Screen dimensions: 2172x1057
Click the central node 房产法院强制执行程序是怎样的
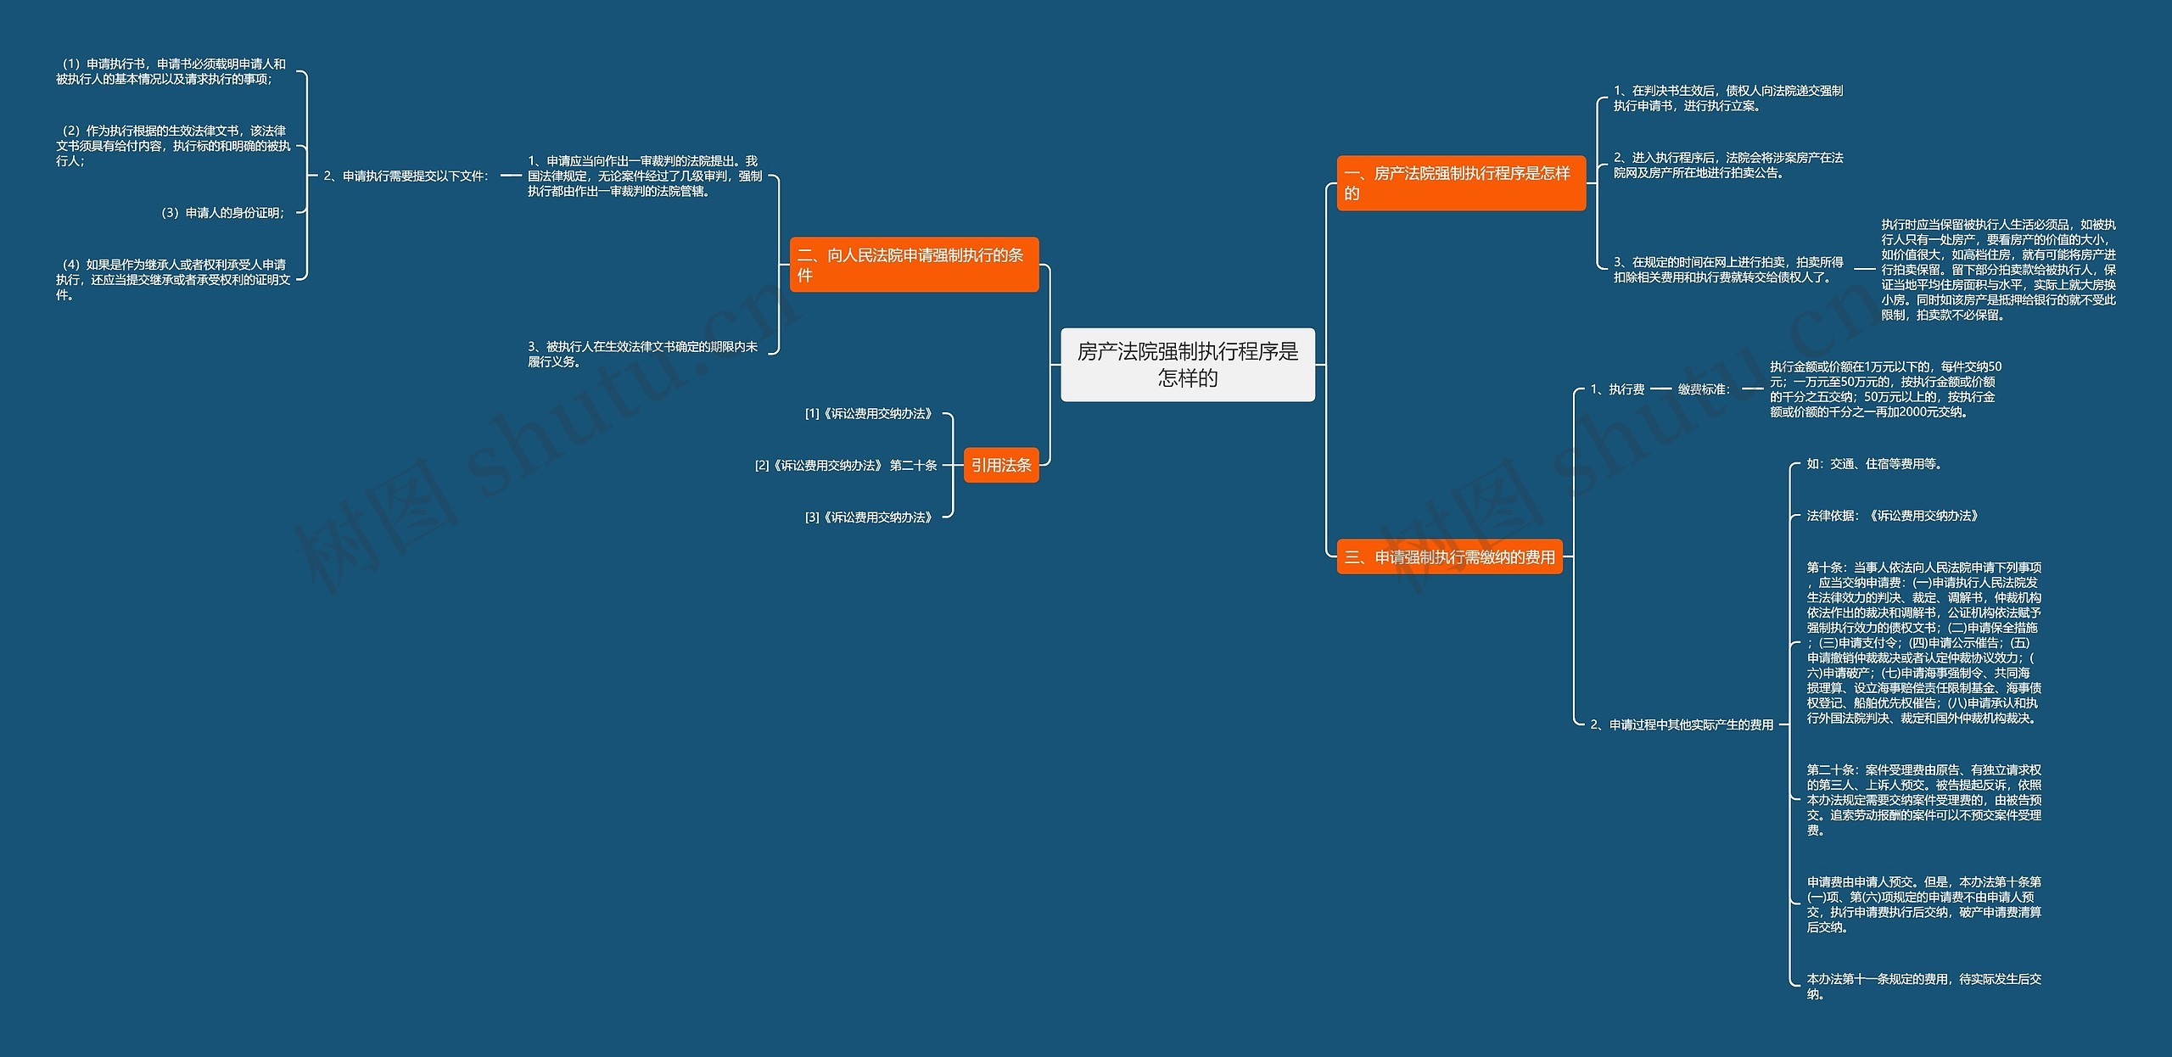(1187, 365)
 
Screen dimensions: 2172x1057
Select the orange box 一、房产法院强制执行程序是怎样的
(1460, 183)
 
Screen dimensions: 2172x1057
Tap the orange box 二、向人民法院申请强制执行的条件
(913, 265)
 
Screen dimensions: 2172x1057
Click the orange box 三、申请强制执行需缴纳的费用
(1449, 557)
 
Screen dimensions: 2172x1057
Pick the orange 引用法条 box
(1001, 465)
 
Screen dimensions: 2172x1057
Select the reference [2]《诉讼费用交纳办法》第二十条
(845, 466)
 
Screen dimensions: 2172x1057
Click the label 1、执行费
(1617, 389)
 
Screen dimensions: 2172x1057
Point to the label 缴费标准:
(1704, 389)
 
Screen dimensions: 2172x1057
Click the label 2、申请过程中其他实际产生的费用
(1682, 724)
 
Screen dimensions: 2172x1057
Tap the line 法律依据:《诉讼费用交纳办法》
(1892, 516)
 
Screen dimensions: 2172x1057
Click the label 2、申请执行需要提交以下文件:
(406, 176)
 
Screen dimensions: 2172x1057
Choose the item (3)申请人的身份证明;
(223, 213)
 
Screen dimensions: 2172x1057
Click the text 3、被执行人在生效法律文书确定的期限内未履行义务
(642, 355)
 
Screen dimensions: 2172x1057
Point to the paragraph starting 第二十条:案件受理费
(1923, 800)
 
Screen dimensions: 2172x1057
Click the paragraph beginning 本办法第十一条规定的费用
(1923, 987)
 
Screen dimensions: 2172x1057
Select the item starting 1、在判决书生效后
(1727, 98)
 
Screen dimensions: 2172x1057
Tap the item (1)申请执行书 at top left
(171, 71)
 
